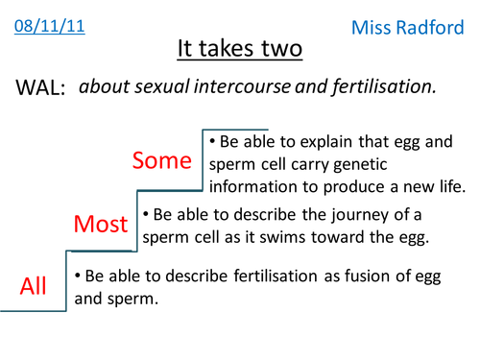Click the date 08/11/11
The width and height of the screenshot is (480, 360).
coord(50,26)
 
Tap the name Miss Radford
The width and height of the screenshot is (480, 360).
coord(408,28)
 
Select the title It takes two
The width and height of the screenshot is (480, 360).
coord(240,49)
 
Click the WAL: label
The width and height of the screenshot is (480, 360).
coord(40,87)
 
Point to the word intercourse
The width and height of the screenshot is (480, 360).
coord(242,86)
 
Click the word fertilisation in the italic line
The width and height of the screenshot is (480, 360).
coord(384,87)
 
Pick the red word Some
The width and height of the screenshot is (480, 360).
coord(162,160)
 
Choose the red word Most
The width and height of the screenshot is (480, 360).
coord(101,224)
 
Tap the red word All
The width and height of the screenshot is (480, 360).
coord(33,286)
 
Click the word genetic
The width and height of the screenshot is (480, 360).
coord(360,165)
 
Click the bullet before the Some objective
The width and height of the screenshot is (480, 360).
coord(212,141)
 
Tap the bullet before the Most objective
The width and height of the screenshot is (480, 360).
coord(146,214)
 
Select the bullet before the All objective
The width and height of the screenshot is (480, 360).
coord(78,276)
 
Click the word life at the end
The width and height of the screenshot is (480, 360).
coord(452,186)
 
